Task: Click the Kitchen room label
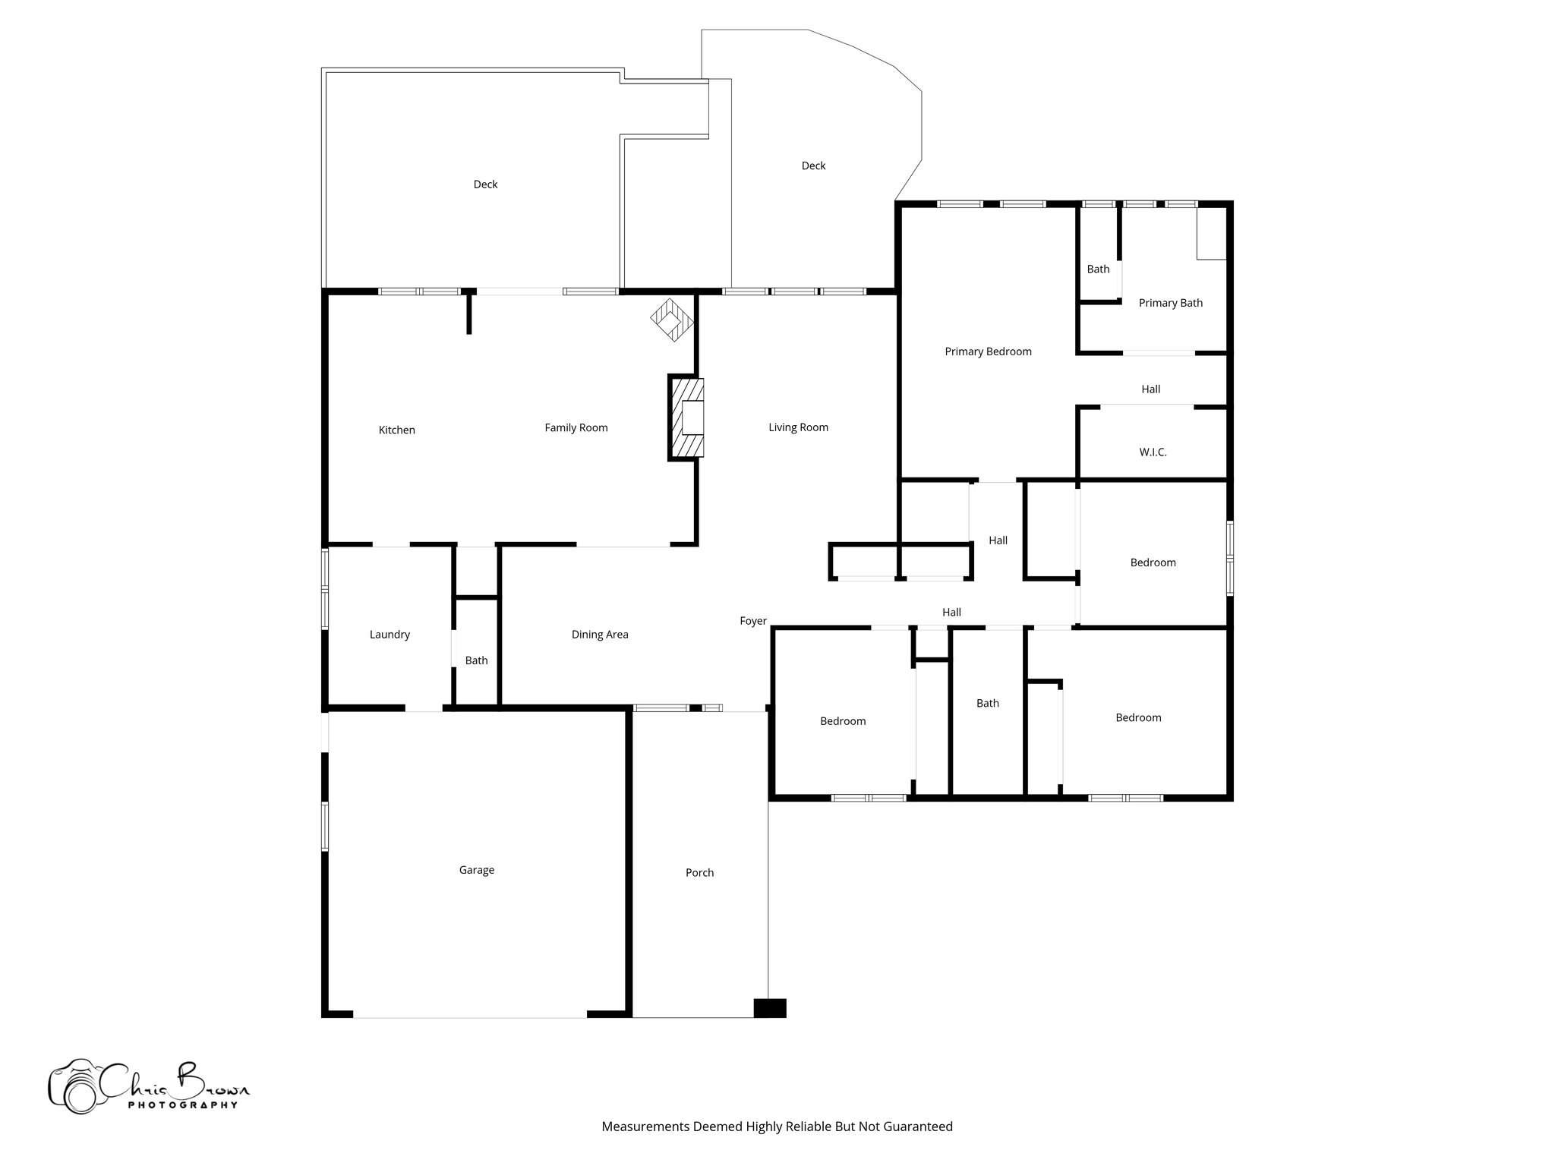396,430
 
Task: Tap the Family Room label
576,428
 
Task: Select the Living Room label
798,427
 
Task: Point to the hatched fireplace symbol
686,418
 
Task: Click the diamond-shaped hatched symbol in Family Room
672,320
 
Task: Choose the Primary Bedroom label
988,351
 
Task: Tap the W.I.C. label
1153,452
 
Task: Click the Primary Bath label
1170,303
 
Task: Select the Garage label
476,870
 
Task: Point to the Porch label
699,873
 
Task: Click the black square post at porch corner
769,1007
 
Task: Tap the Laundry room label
390,635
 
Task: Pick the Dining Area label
600,635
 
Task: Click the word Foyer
753,621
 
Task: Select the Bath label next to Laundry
476,660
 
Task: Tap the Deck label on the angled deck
813,165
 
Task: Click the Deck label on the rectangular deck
485,184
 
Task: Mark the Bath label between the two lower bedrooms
987,704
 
